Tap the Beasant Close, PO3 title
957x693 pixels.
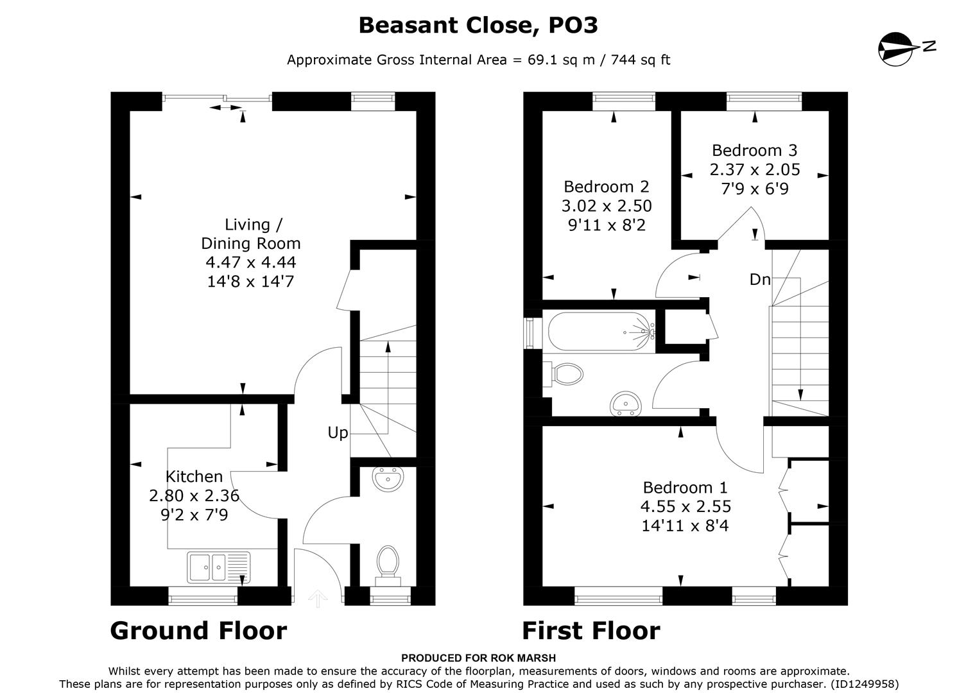[478, 25]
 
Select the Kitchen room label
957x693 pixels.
[194, 476]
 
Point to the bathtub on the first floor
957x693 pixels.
[601, 331]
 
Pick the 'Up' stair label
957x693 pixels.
[338, 433]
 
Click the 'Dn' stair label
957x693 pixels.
[759, 280]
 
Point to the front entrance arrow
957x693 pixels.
[318, 598]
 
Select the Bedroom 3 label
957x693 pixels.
[754, 150]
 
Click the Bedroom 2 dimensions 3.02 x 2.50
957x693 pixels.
[606, 206]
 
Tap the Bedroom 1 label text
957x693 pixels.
[685, 487]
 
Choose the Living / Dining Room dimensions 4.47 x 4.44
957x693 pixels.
[250, 262]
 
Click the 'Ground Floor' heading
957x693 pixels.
[198, 631]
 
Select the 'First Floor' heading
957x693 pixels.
[591, 631]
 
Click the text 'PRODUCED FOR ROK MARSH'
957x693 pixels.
[478, 658]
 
